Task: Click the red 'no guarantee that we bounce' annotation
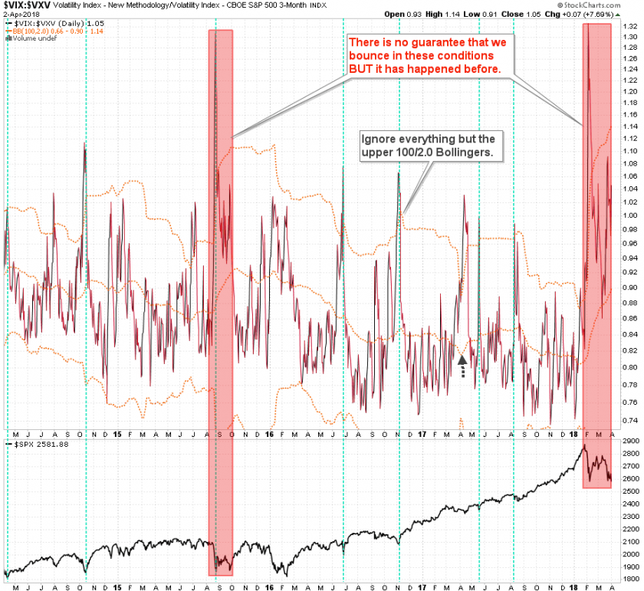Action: pos(426,55)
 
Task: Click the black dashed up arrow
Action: pos(462,365)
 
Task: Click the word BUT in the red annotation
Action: pos(362,68)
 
